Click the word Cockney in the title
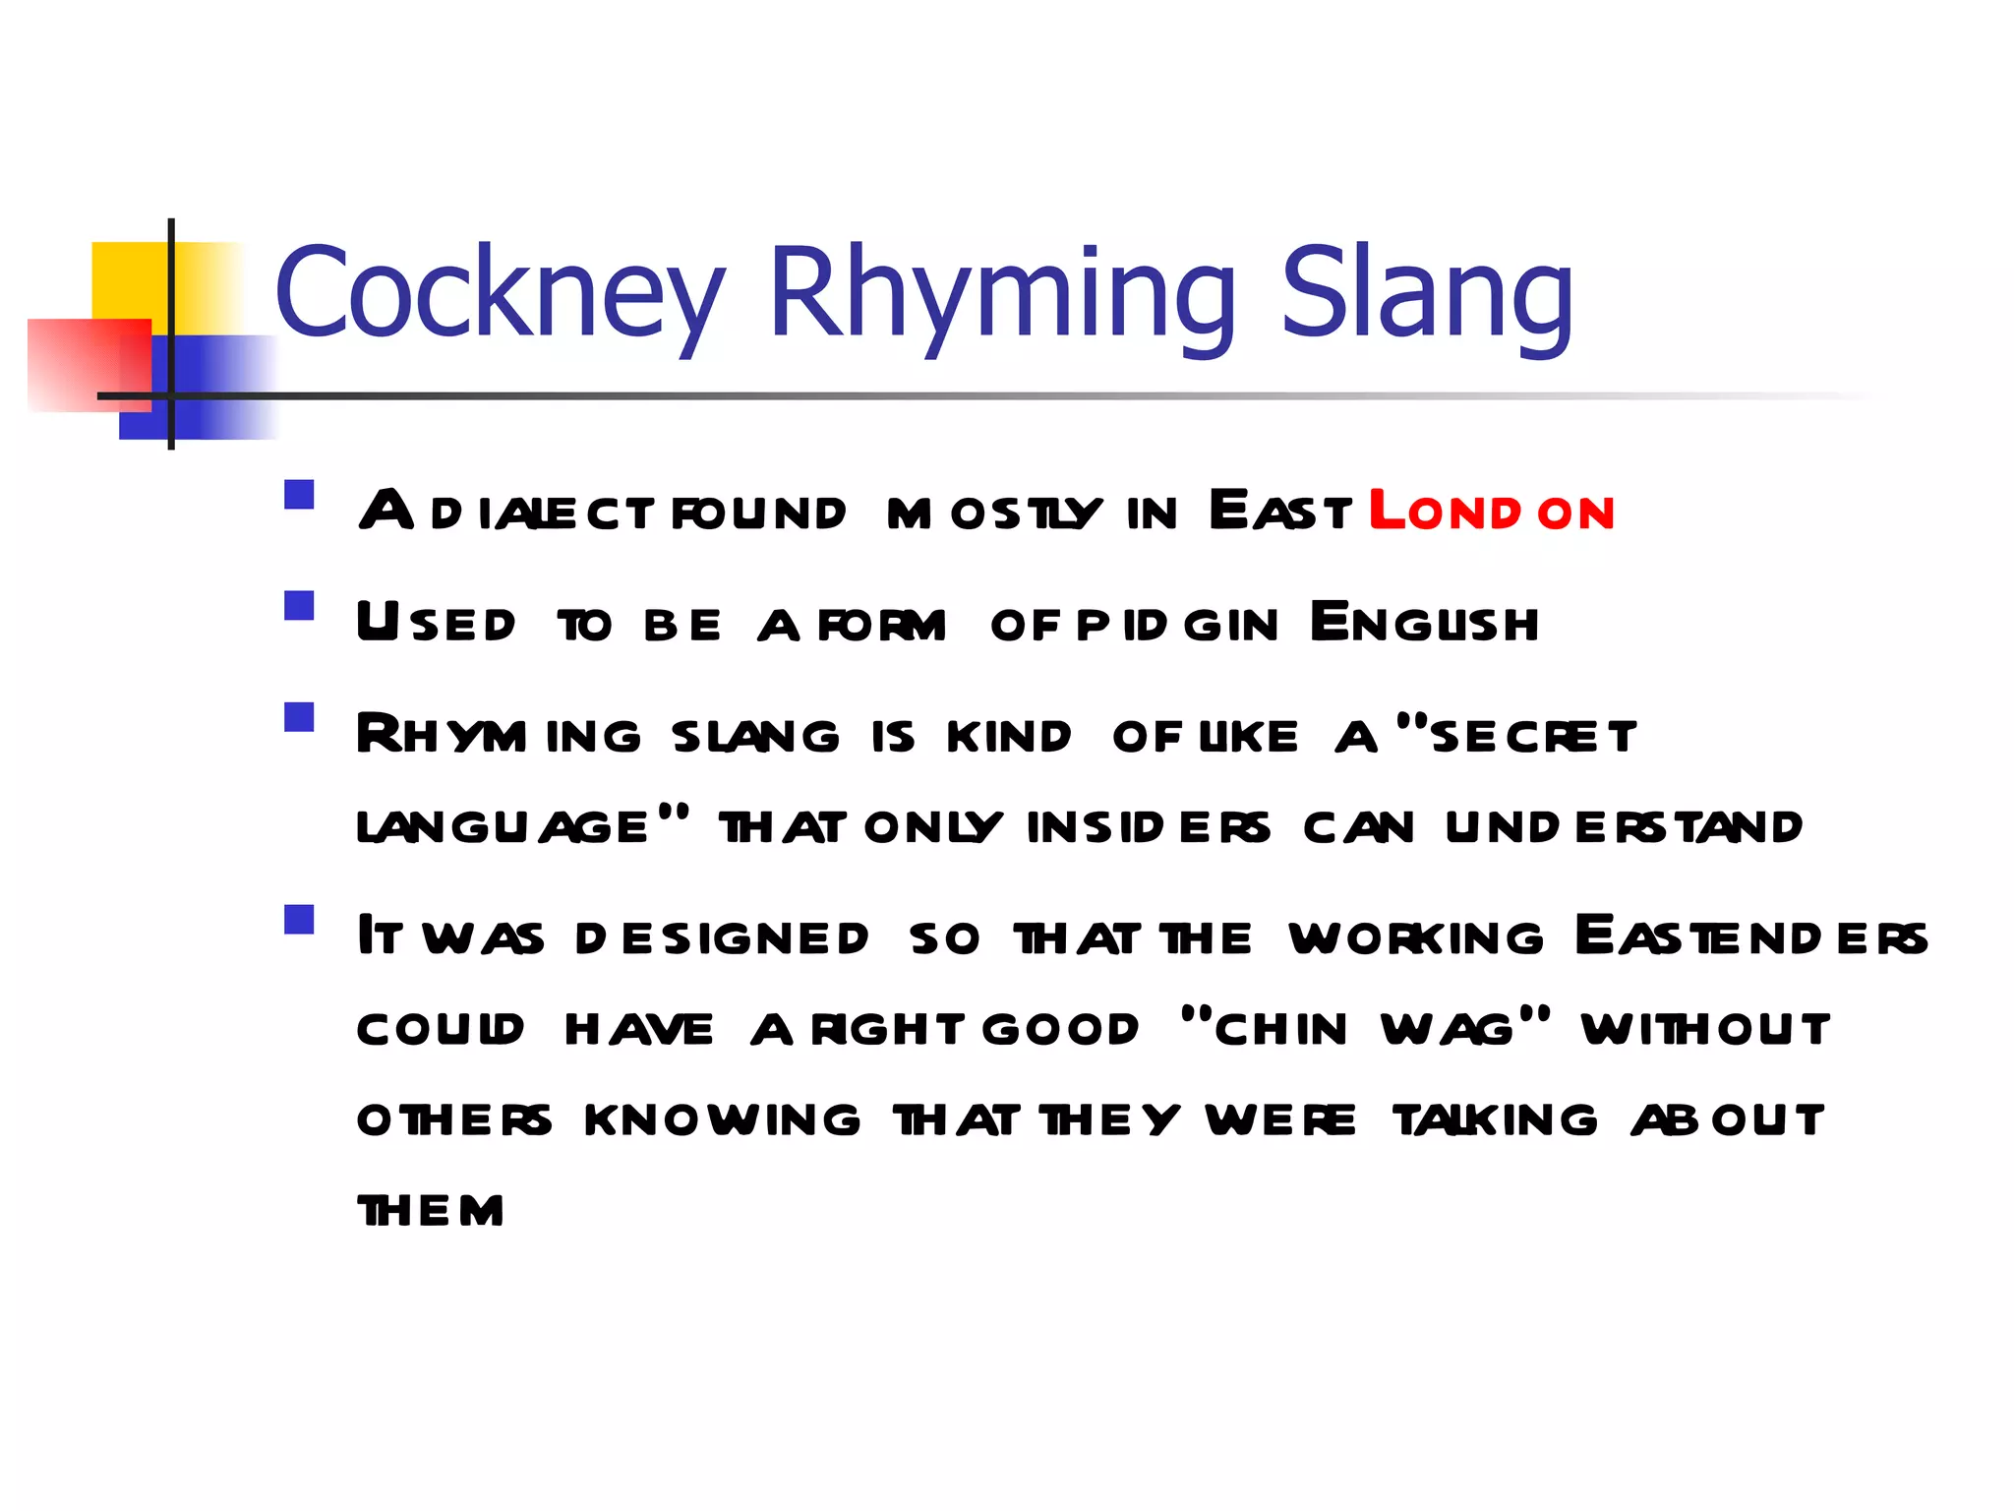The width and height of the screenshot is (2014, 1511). (500, 292)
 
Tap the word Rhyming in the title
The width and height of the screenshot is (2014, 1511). (1001, 292)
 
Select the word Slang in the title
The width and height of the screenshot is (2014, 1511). (1427, 292)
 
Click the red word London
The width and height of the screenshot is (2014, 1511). (1492, 512)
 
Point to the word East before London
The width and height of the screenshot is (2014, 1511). (1280, 512)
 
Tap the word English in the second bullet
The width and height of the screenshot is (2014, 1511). (1425, 623)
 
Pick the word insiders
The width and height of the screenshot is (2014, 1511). (1149, 827)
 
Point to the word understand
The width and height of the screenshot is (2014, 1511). (1624, 827)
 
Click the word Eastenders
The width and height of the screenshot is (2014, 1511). (1751, 937)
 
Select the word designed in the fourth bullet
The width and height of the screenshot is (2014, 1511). (722, 938)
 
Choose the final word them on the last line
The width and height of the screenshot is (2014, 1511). (431, 1211)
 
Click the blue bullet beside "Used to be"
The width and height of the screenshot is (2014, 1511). (299, 605)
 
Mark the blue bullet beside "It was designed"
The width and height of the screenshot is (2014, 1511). (299, 919)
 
